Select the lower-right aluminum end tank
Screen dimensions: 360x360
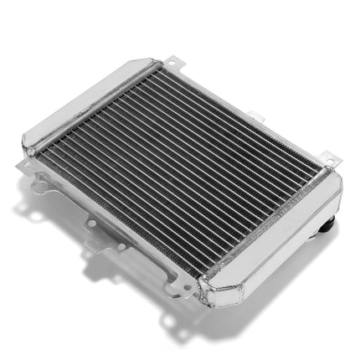[x=276, y=243]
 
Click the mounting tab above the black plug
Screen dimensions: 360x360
[x=328, y=159]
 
